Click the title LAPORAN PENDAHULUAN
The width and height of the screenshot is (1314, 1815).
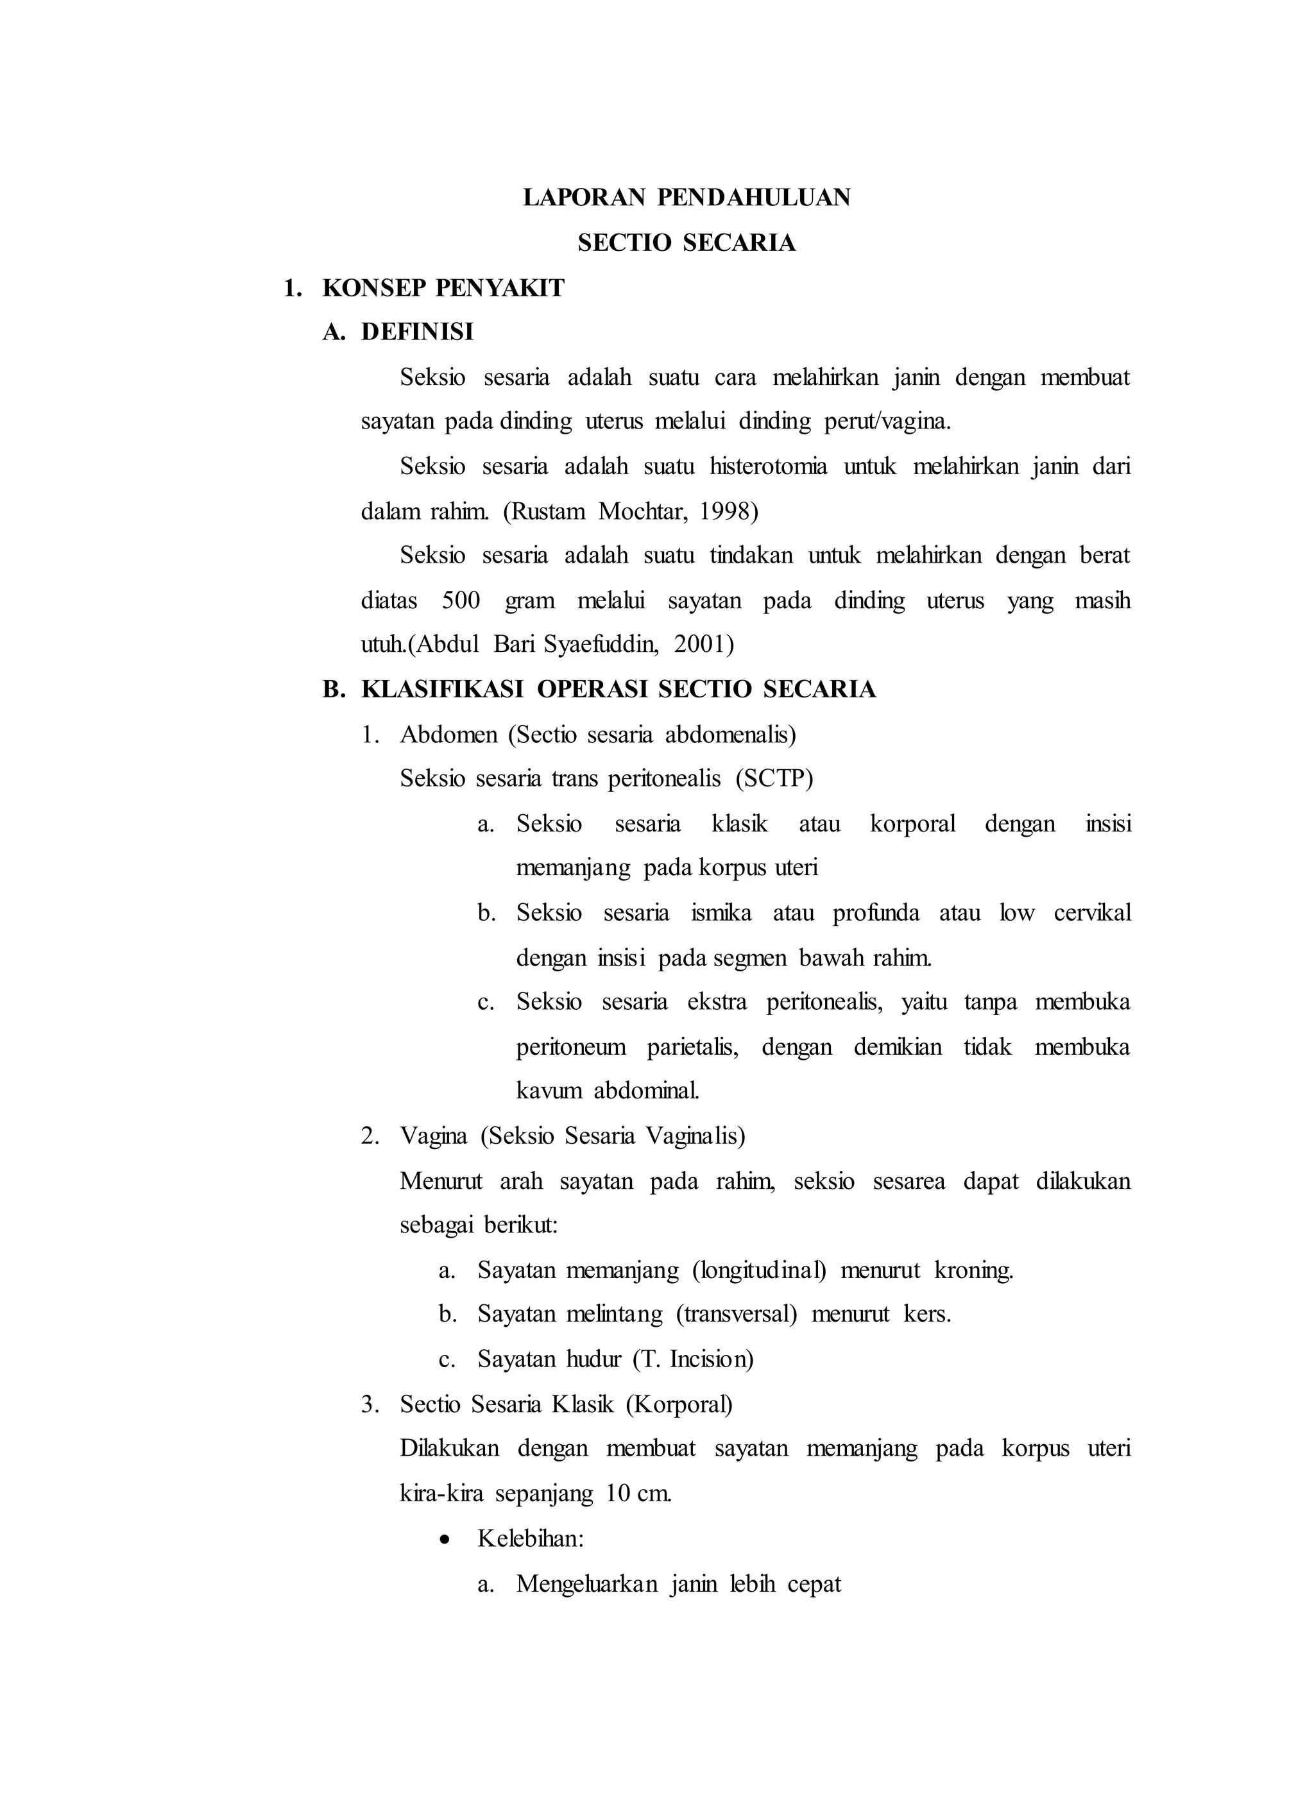[686, 198]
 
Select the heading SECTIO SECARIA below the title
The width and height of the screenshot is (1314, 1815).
[686, 243]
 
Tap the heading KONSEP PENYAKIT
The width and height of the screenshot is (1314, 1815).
[443, 288]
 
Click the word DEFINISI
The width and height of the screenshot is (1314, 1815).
[417, 332]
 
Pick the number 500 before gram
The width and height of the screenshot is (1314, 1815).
[460, 601]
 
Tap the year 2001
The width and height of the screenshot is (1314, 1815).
[702, 644]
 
